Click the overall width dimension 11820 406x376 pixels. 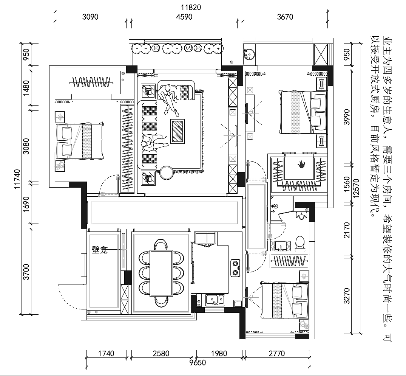(x=191, y=7)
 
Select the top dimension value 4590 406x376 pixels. (x=184, y=17)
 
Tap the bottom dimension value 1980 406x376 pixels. (x=219, y=353)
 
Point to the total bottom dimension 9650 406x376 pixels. (x=197, y=362)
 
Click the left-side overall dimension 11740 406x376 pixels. (x=17, y=179)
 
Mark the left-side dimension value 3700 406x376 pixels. (x=26, y=272)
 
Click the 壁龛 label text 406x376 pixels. (x=100, y=250)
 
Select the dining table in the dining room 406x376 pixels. (x=161, y=273)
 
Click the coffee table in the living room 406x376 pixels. (x=178, y=131)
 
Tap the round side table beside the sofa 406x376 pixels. (x=167, y=173)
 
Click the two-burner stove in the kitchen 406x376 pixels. (x=235, y=268)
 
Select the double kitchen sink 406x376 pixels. (x=215, y=300)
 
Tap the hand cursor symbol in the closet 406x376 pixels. (x=301, y=164)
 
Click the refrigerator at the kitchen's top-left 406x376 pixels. (x=205, y=239)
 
